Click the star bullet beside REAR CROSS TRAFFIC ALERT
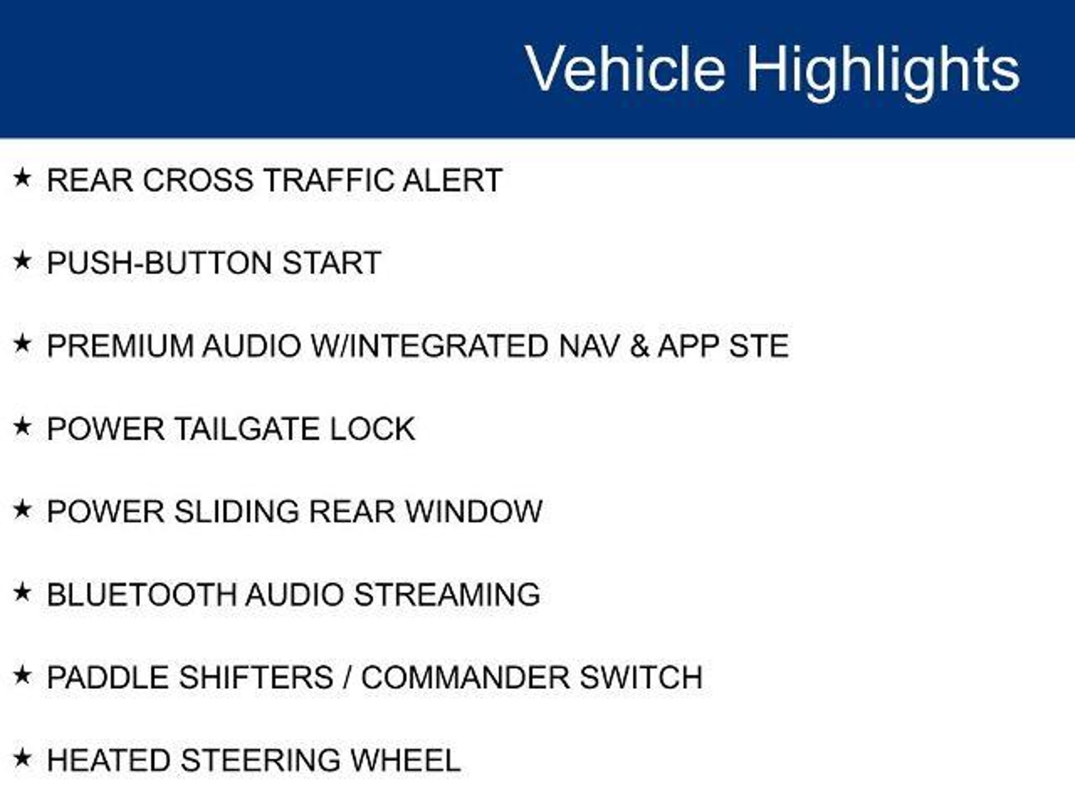[22, 178]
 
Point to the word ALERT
[452, 180]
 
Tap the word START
[332, 262]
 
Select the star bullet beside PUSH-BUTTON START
[22, 260]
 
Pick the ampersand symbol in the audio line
[639, 346]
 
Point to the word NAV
[588, 346]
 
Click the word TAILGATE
[246, 429]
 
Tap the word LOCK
[372, 429]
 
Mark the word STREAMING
[447, 595]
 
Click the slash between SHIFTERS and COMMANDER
[347, 677]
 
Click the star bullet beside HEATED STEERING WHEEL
[22, 758]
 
